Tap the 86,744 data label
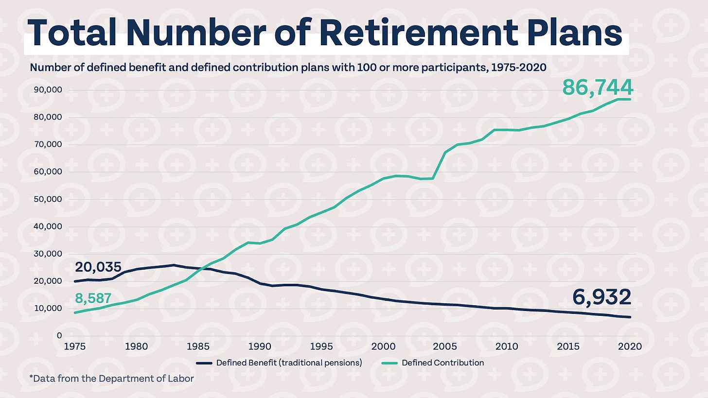598,87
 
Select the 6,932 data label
601,297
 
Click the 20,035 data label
98,267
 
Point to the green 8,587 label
93,298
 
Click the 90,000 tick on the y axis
48,90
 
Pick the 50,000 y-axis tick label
48,199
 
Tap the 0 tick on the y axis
59,336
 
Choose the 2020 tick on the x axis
630,346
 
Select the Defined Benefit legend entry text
289,363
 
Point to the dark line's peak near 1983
174,265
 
